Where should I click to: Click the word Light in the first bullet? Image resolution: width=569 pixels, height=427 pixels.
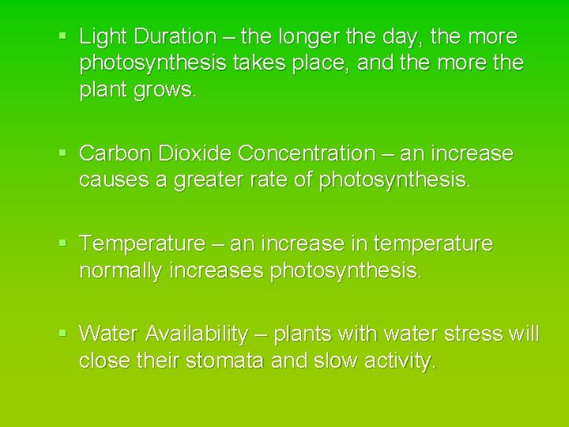[x=104, y=37]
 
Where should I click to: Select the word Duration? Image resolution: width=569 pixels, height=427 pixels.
[x=175, y=37]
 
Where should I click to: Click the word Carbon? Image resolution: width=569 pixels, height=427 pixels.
[x=115, y=153]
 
